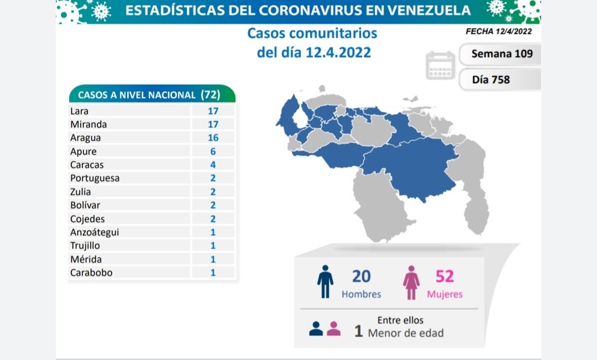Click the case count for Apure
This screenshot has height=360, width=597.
213,152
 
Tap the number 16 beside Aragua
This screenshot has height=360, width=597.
213,138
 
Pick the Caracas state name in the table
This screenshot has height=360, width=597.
87,165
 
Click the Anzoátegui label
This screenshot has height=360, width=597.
95,232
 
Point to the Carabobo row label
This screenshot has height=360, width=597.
91,272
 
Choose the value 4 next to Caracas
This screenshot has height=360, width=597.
213,165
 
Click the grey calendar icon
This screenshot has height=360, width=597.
441,66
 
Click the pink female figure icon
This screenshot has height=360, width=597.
411,281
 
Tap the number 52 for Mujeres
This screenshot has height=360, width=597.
444,276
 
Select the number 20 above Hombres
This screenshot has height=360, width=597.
361,276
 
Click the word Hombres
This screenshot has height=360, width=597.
361,294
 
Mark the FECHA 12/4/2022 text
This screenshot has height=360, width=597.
499,32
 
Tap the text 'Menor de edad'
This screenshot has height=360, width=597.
405,333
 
